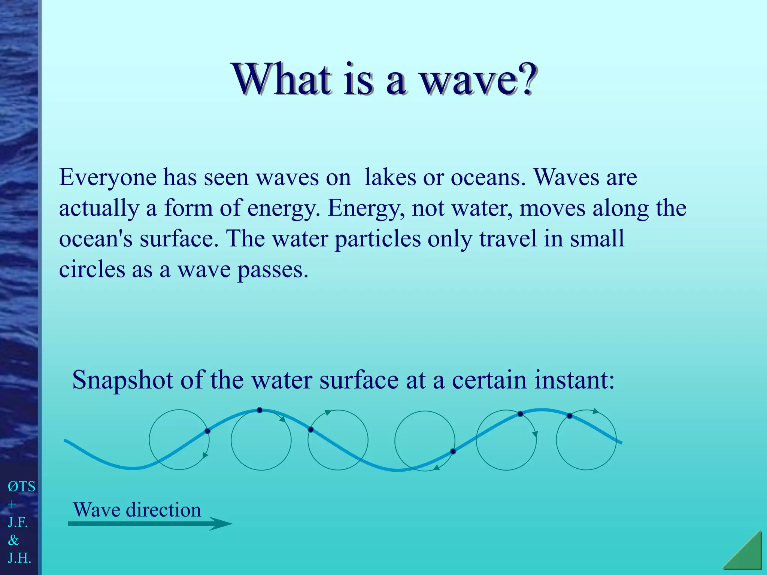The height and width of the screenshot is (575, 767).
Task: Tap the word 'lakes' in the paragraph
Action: (x=390, y=177)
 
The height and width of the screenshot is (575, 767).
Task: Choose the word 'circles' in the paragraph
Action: (x=92, y=270)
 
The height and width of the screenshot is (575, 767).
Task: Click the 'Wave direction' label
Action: (x=137, y=510)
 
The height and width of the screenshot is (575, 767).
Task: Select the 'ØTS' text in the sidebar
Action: (x=21, y=487)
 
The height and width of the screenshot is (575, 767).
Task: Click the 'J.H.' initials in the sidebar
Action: (x=19, y=558)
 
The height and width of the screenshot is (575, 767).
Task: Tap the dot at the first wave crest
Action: (x=260, y=410)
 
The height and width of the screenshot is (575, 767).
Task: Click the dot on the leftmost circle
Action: (x=207, y=431)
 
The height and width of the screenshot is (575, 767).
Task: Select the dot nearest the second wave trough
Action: (x=453, y=451)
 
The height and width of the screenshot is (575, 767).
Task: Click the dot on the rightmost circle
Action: (x=569, y=416)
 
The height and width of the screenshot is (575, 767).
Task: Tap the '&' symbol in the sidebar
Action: (x=13, y=540)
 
